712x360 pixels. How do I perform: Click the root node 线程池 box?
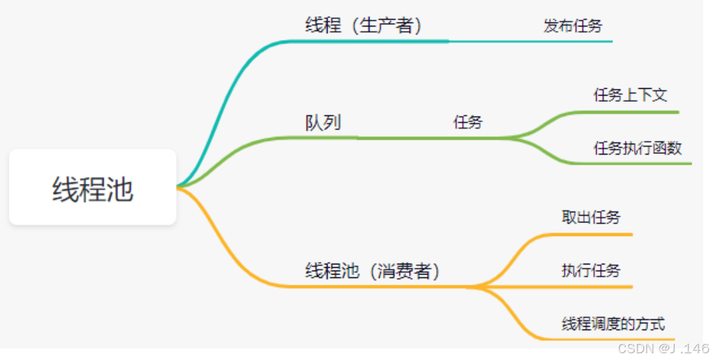92,188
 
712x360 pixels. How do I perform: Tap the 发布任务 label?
573,26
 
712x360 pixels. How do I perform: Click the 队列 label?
323,123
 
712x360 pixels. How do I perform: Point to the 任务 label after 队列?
468,123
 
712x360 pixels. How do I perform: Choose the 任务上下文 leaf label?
631,96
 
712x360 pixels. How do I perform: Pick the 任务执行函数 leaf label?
637,148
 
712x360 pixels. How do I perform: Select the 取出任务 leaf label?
591,218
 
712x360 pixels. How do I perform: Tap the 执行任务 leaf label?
591,271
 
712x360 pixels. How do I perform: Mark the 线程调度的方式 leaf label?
614,323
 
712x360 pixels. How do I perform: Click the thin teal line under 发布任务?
542,41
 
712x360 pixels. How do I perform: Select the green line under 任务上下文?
631,112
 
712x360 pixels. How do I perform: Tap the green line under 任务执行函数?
637,163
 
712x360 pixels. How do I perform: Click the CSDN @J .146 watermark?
663,348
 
